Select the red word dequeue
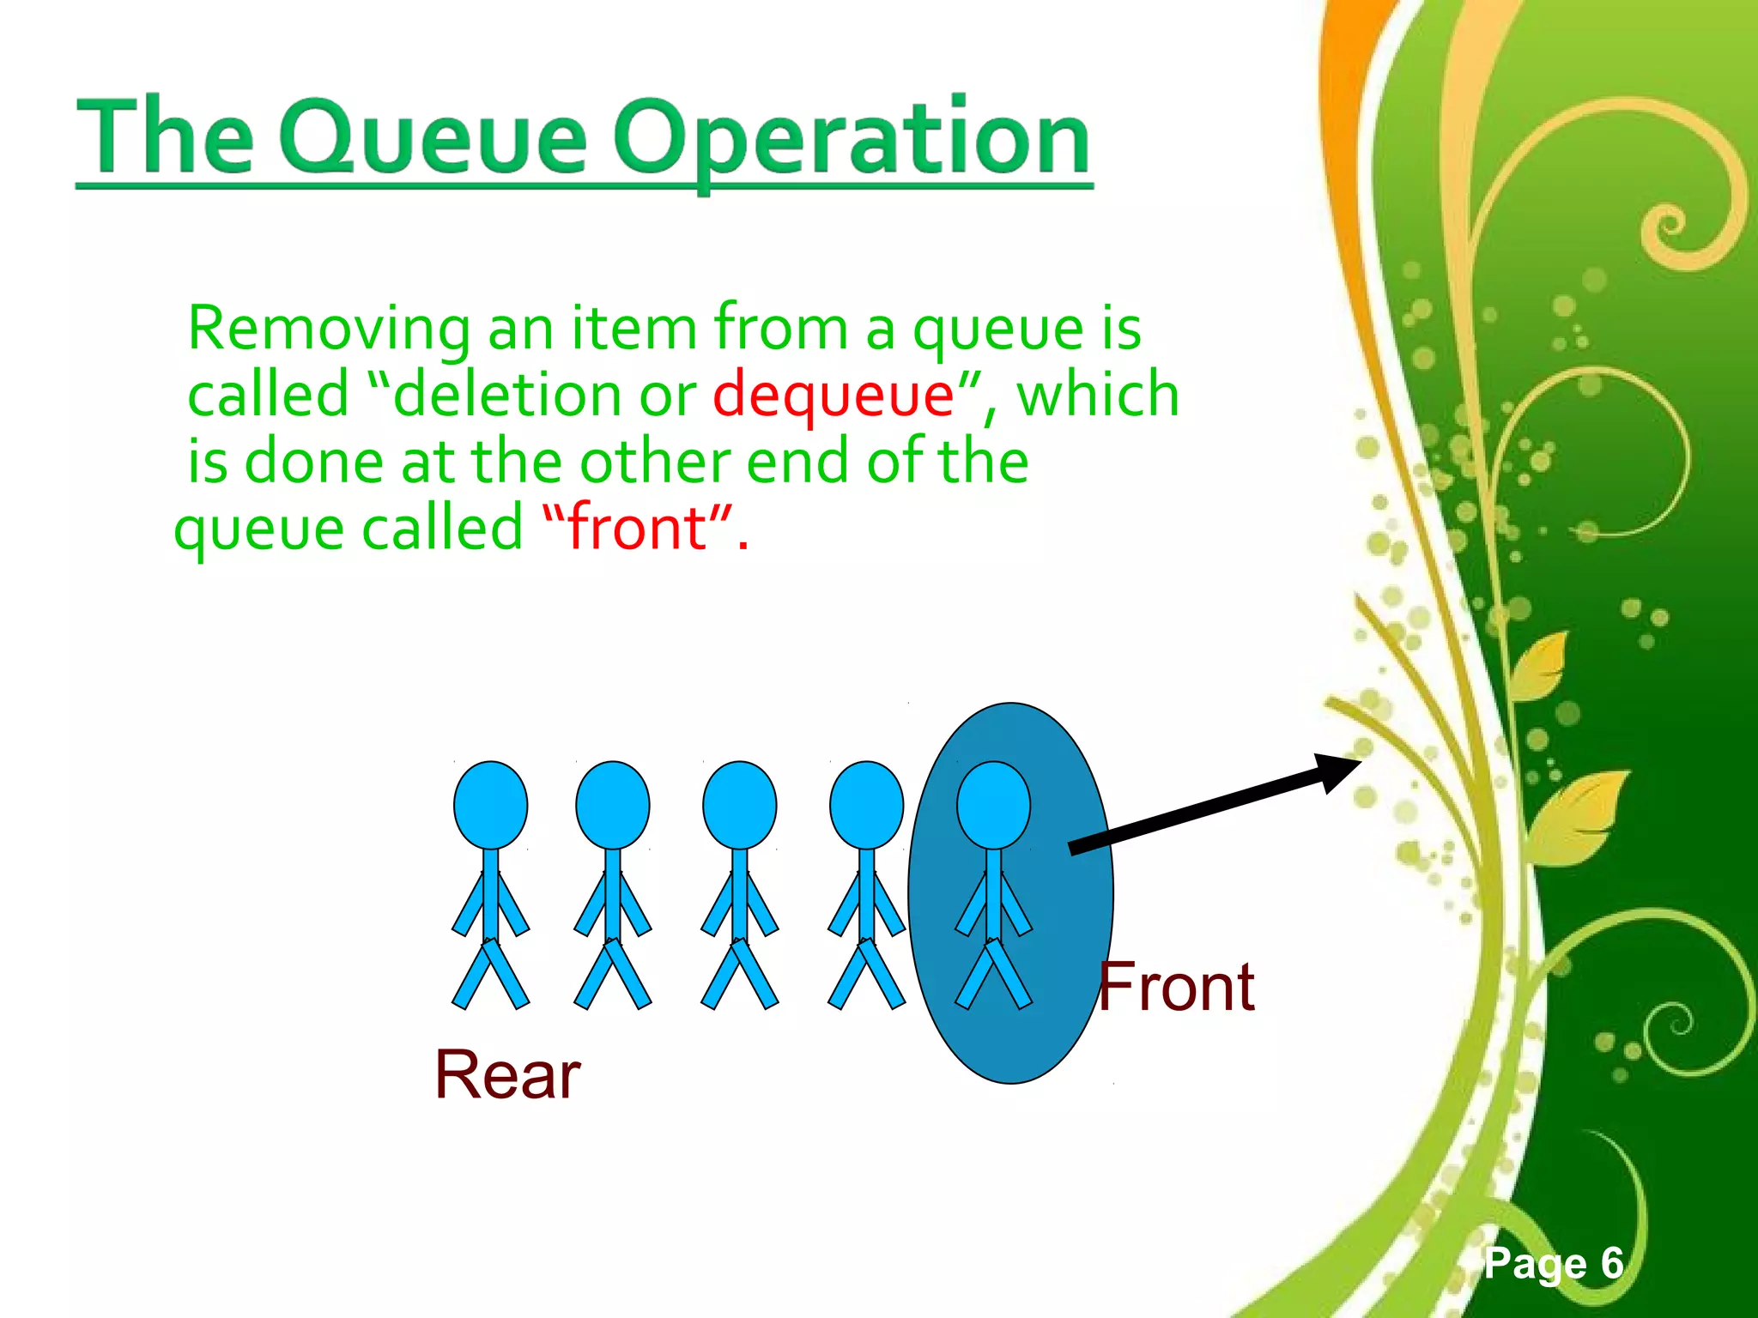[833, 395]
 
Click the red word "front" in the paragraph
[640, 527]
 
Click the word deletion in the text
[506, 395]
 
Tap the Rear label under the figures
[507, 1074]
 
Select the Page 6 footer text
[1554, 1263]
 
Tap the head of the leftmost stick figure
[490, 805]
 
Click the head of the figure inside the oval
[993, 805]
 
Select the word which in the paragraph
[1098, 395]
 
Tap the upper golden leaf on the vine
[1541, 665]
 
